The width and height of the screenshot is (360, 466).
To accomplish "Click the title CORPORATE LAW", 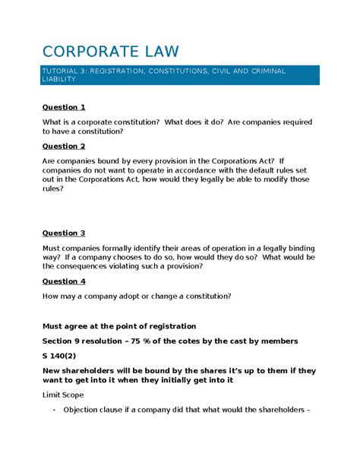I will coord(111,51).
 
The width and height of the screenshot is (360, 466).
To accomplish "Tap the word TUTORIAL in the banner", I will coord(64,71).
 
